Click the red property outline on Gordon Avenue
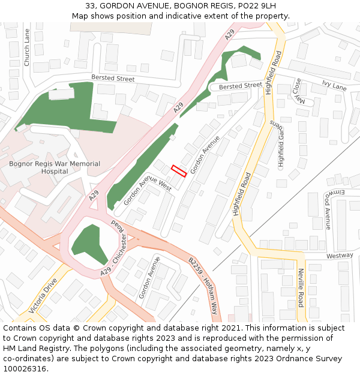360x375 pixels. pos(178,171)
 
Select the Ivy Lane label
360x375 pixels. pos(334,86)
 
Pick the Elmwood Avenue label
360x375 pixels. pos(328,211)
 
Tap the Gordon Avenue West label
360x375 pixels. pos(148,191)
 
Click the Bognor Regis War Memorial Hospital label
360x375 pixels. pos(55,167)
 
